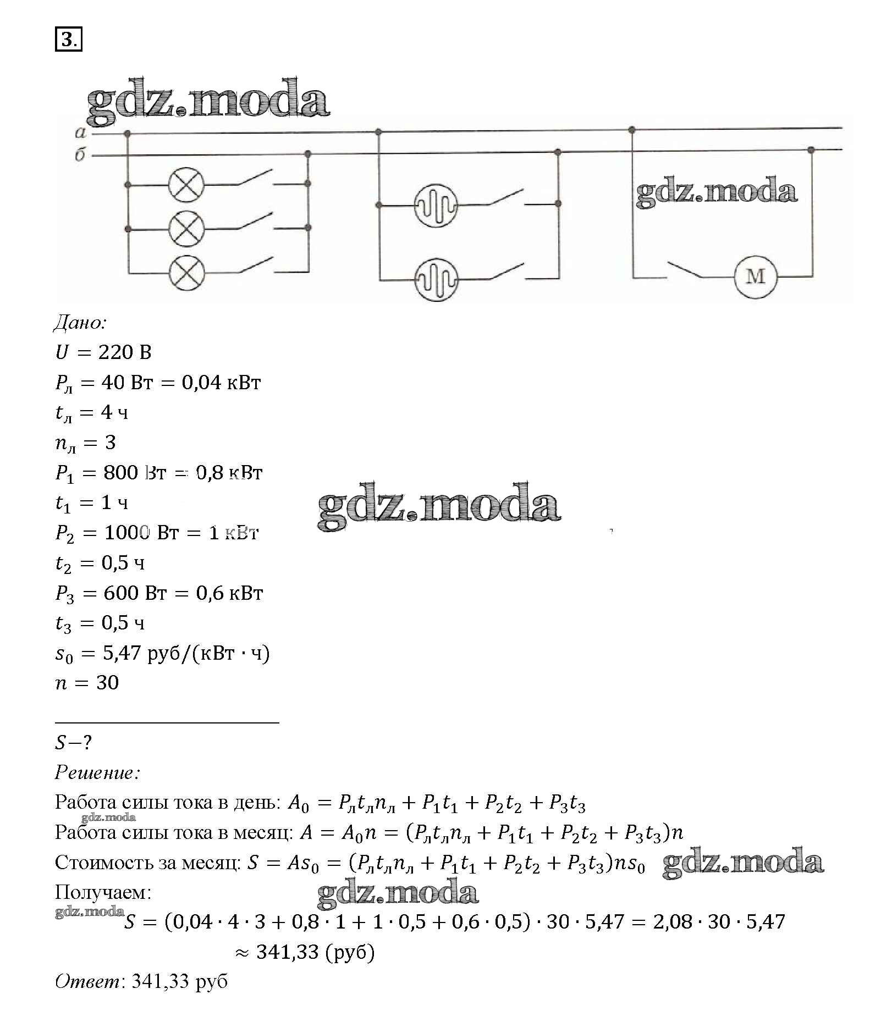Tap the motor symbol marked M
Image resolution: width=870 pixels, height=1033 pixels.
756,276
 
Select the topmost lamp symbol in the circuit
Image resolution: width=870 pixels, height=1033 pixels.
186,185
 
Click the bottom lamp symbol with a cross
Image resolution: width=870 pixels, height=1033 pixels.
186,273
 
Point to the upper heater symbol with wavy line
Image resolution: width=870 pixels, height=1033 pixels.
436,206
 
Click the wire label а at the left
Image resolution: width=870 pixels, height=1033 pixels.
81,132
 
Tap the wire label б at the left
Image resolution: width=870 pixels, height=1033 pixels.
80,154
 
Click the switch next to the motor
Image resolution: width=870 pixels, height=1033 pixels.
685,269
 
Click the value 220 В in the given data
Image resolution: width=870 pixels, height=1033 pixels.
125,352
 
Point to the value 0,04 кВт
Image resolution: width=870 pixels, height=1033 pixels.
222,382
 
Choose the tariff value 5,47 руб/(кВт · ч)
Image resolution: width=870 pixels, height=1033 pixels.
186,653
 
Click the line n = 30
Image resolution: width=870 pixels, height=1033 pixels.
87,683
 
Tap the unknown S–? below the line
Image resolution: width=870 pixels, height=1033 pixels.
73,743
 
